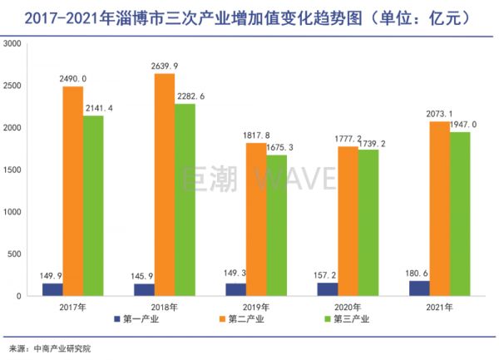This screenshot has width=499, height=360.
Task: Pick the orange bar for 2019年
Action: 256,219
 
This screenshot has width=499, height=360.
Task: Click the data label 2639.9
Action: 165,67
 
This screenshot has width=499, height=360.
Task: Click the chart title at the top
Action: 249,15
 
